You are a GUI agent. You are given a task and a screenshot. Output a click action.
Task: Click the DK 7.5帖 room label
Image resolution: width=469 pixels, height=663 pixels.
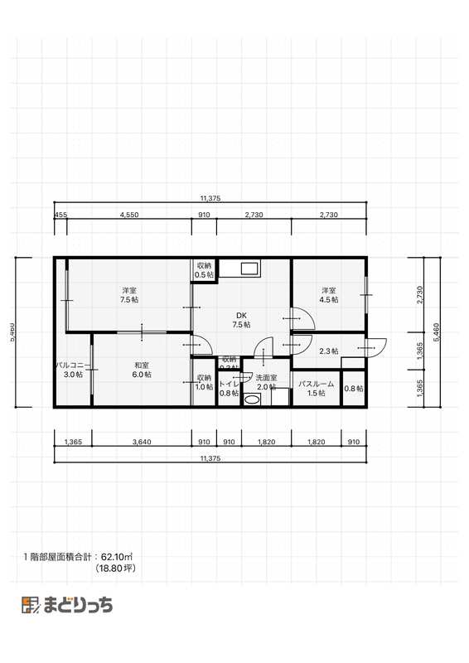241,320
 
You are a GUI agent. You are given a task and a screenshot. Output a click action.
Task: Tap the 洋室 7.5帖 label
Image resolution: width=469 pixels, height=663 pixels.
128,294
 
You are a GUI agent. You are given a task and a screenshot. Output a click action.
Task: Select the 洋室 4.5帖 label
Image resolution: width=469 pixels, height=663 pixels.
329,294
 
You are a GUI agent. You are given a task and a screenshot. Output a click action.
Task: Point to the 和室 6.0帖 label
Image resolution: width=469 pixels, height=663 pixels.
141,370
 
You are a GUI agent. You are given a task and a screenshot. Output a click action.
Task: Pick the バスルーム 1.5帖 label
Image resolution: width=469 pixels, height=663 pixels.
316,389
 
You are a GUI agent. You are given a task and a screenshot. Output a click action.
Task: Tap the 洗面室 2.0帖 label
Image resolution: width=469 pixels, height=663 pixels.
266,383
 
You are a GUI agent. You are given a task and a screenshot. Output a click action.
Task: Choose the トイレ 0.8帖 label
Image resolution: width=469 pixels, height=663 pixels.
229,389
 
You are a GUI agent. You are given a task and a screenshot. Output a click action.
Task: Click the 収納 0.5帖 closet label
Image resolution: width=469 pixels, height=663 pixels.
204,270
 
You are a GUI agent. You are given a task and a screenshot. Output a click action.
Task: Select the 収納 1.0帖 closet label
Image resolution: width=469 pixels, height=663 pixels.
204,383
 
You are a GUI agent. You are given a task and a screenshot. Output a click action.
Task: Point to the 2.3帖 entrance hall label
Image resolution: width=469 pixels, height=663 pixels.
329,351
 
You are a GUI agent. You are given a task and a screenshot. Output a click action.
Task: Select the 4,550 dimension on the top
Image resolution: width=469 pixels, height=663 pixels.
128,215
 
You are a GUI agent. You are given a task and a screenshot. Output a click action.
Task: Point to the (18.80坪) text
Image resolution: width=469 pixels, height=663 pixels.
117,569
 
